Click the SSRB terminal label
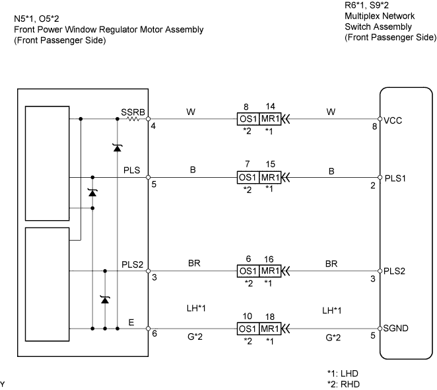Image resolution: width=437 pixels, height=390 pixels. click(x=133, y=112)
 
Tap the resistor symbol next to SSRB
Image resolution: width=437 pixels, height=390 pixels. click(x=133, y=119)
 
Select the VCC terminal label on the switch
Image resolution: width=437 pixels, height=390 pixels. click(x=393, y=120)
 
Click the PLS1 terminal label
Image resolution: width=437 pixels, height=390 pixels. click(x=395, y=178)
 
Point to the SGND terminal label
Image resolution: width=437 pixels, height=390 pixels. click(x=396, y=328)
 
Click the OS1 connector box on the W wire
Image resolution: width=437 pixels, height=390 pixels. click(x=248, y=119)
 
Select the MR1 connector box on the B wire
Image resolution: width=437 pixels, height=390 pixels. click(x=270, y=178)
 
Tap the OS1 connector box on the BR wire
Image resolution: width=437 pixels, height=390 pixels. click(x=248, y=271)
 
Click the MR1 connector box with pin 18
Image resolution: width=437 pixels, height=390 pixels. click(x=270, y=329)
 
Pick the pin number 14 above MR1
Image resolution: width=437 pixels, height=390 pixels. click(x=271, y=106)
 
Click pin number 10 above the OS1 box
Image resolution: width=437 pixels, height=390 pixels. click(x=247, y=317)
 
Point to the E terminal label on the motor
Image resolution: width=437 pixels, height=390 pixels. click(x=131, y=323)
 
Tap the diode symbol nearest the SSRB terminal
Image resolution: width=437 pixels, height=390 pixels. click(x=118, y=147)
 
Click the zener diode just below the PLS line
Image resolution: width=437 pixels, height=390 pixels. click(x=92, y=192)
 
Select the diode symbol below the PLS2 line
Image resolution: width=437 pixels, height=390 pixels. click(x=105, y=300)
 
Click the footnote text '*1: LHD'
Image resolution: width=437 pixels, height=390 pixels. click(x=343, y=373)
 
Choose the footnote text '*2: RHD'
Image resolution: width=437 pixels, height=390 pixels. click(x=343, y=384)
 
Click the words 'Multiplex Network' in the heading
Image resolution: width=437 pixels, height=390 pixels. click(x=380, y=16)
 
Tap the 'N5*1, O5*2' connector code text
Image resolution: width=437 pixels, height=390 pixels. click(x=36, y=19)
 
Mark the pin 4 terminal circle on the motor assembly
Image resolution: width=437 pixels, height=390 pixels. click(x=149, y=119)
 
